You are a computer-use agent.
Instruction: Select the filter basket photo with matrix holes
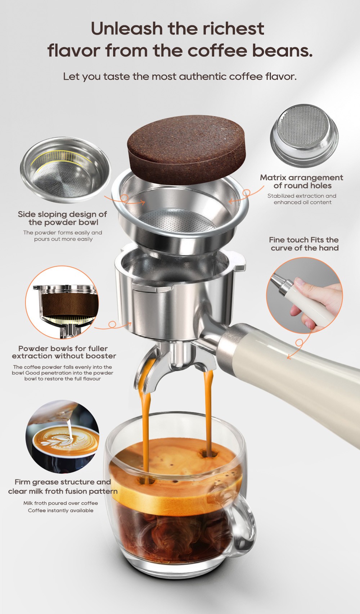tap(305, 135)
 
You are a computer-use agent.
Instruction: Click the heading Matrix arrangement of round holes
tap(302, 181)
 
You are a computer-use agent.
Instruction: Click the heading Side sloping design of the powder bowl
tap(63, 218)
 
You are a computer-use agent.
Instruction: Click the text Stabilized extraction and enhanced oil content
tap(302, 199)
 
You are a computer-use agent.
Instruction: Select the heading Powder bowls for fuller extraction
tap(64, 352)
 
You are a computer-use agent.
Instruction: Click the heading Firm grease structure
tap(63, 482)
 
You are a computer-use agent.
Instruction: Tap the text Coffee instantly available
tap(60, 510)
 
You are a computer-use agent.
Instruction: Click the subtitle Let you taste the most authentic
tap(180, 76)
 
